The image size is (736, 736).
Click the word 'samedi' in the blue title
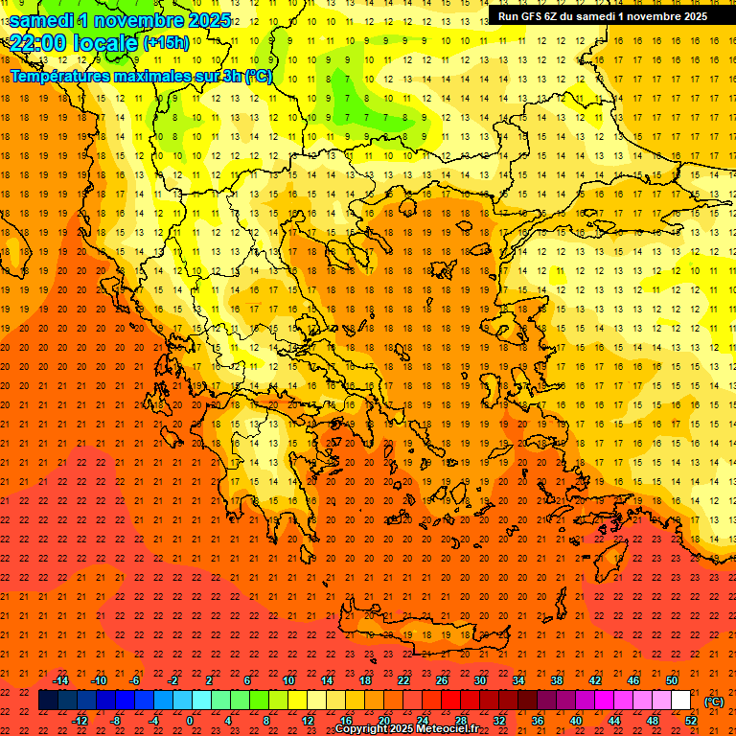43,20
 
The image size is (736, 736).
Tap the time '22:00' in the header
40,42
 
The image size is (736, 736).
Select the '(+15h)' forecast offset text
166,42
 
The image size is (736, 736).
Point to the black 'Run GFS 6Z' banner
602,15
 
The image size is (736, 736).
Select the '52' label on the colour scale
691,720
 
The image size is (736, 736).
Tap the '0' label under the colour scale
190,720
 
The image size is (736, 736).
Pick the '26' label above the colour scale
442,680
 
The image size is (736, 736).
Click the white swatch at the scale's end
681,701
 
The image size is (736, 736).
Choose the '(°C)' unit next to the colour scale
714,701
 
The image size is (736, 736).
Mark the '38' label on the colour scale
557,680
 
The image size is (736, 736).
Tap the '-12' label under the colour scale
80,720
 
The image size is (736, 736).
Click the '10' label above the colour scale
288,680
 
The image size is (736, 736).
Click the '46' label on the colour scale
633,680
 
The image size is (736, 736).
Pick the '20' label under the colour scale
384,720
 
